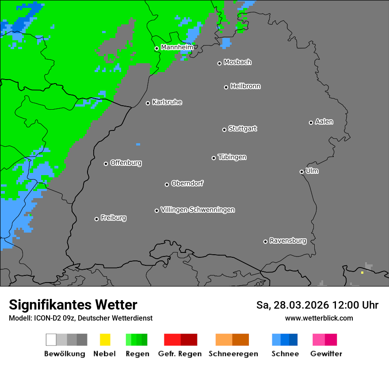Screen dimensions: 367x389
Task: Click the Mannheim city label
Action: (177, 47)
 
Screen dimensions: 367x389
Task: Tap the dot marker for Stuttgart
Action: (224, 130)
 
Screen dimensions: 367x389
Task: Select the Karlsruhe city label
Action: (167, 102)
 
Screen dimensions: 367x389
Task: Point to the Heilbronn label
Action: (245, 86)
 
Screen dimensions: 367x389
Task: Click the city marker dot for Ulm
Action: (301, 172)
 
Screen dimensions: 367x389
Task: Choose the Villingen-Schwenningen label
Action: (198, 210)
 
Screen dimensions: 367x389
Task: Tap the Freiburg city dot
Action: (96, 219)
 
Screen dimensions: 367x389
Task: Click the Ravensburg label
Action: (288, 241)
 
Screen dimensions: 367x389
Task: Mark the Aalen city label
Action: (324, 122)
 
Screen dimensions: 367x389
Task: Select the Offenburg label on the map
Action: (126, 163)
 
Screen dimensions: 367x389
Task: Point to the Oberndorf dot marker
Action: (167, 184)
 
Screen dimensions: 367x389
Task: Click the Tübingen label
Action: (232, 157)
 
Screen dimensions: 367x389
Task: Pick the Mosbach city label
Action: (237, 62)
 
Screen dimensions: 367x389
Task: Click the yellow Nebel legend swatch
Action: (105, 340)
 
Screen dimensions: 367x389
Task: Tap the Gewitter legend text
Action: (326, 354)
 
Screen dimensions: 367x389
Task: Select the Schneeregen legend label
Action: (233, 354)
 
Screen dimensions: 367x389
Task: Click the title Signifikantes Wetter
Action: (73, 305)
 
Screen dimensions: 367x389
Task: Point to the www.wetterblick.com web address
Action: (319, 318)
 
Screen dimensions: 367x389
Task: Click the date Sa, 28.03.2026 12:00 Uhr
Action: (317, 305)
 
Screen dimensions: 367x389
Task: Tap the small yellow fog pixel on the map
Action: (362, 272)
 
